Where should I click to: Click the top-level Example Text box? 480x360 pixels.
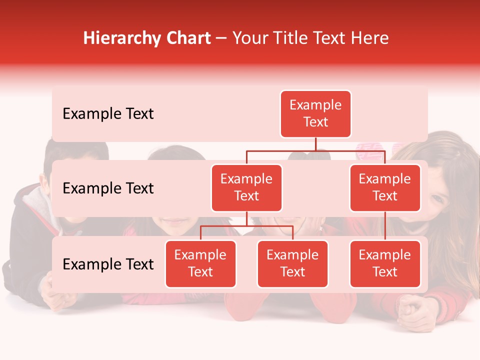click(x=315, y=114)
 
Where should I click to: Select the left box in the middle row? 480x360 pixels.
click(x=246, y=187)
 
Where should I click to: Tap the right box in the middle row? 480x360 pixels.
click(x=385, y=187)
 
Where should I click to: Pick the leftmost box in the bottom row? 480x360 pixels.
click(x=200, y=263)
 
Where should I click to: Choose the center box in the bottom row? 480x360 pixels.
click(x=292, y=263)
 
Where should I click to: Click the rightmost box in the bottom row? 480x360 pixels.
click(x=385, y=263)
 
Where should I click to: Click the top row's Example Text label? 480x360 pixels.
click(x=108, y=114)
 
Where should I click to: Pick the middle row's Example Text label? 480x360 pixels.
click(x=108, y=188)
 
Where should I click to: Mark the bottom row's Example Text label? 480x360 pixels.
click(x=108, y=264)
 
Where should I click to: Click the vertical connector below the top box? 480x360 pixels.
click(x=315, y=144)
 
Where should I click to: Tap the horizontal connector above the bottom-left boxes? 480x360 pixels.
click(x=246, y=226)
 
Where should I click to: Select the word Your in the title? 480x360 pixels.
click(x=249, y=38)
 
